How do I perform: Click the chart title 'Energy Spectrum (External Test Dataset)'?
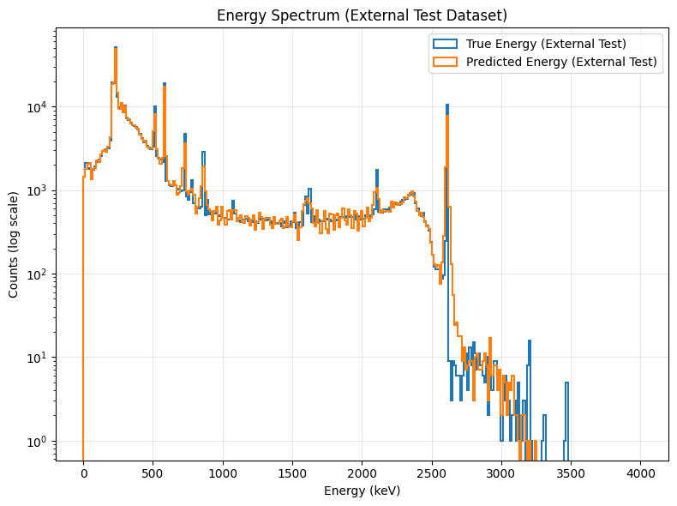(x=362, y=15)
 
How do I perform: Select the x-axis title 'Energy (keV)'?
(x=362, y=491)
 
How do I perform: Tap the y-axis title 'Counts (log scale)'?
(x=14, y=244)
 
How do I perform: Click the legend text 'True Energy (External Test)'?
(x=546, y=44)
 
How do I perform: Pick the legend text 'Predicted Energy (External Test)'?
(x=561, y=62)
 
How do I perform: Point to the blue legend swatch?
(x=446, y=44)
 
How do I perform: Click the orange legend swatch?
(x=446, y=62)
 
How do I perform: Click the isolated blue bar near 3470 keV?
(x=566, y=412)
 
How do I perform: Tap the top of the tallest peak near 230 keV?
(x=116, y=48)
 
